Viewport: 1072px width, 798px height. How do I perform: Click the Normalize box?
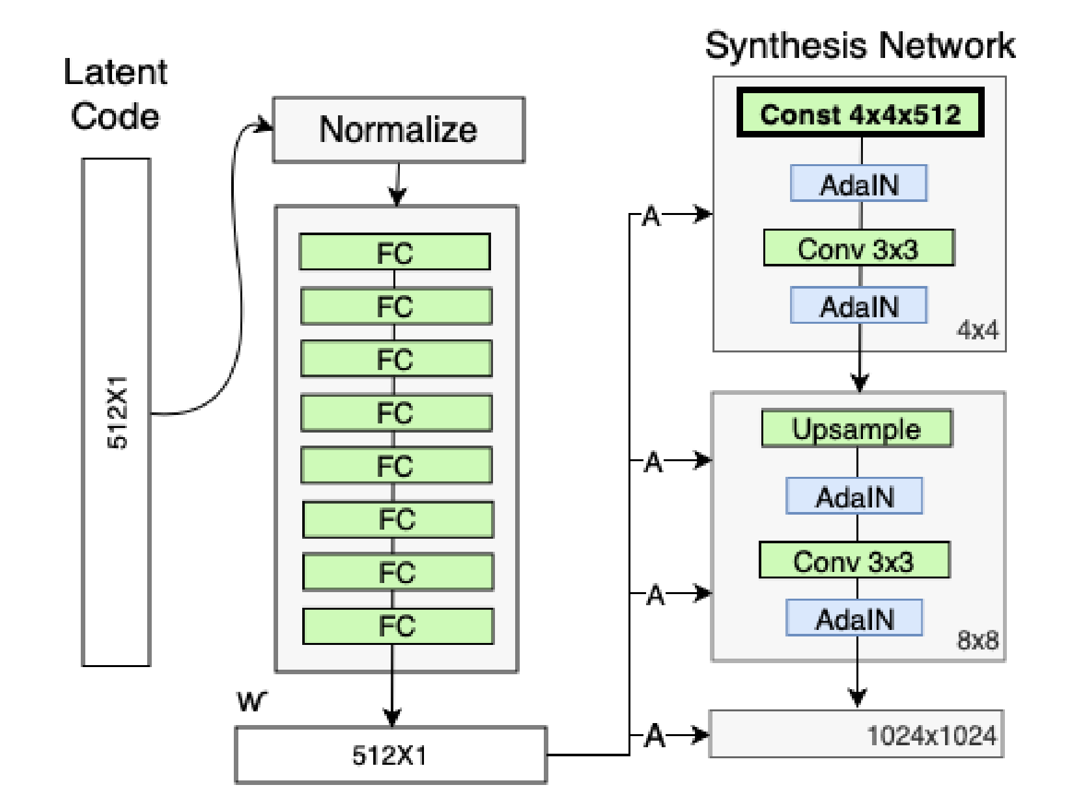398,130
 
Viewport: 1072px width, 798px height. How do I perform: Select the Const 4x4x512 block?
860,113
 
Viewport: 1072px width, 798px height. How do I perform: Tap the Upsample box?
856,429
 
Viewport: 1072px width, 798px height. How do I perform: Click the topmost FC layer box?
395,252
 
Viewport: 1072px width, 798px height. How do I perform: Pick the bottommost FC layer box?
397,626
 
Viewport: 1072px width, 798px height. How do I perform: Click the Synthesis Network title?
860,46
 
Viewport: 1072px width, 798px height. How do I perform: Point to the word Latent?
115,72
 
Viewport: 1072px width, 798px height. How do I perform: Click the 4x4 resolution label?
977,330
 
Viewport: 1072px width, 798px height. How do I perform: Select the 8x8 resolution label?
977,640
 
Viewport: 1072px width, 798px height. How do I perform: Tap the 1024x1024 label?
931,735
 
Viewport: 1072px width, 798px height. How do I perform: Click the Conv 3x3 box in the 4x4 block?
858,248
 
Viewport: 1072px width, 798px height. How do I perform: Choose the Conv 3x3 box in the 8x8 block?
854,561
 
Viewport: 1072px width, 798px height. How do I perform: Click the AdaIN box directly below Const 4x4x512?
859,184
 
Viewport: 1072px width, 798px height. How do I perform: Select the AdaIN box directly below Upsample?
854,497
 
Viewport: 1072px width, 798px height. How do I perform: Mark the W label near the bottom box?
251,702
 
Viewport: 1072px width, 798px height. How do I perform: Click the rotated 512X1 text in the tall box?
117,412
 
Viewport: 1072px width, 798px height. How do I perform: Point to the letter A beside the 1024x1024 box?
655,736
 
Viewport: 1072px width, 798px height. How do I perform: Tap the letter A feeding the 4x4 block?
651,216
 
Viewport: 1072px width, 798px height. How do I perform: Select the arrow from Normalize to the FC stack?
398,186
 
